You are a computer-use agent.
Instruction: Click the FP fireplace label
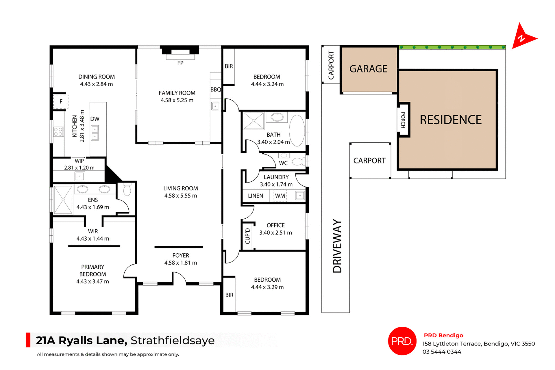point(180,63)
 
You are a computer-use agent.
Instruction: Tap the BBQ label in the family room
point(216,90)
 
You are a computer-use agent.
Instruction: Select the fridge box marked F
point(61,102)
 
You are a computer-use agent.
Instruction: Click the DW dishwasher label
point(95,119)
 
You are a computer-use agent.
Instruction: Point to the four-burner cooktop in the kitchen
point(58,132)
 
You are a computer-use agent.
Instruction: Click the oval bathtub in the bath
point(297,131)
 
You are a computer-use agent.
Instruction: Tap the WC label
point(283,163)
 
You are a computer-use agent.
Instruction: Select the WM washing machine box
point(280,196)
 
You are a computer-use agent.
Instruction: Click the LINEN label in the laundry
point(256,196)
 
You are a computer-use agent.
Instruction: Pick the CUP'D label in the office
point(248,236)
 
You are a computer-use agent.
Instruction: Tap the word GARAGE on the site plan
point(368,69)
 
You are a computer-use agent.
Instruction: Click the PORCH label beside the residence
point(403,120)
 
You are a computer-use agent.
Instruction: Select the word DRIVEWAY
point(337,246)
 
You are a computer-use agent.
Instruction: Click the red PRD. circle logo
point(402,341)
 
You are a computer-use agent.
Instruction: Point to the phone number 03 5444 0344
point(442,352)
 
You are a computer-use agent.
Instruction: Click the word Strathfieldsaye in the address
point(173,341)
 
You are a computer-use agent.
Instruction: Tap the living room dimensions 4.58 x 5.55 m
point(181,196)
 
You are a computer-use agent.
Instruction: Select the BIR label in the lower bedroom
point(229,295)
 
